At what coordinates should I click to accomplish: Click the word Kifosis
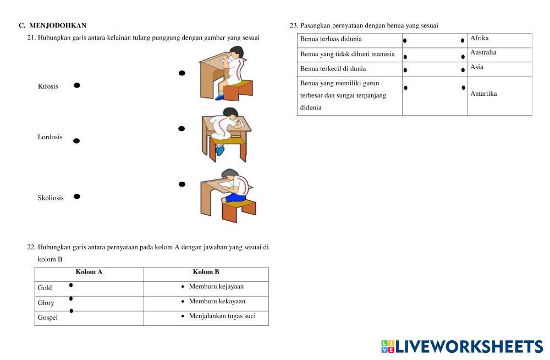pos(48,86)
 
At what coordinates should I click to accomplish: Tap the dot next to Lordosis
pos(76,141)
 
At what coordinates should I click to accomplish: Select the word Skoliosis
pos(51,198)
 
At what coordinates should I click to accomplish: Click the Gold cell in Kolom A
pos(45,288)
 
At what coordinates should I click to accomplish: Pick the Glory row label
pos(46,303)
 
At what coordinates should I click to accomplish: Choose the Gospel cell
pos(48,318)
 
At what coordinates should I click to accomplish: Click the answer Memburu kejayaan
pos(216,287)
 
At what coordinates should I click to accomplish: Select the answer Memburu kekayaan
pos(217,302)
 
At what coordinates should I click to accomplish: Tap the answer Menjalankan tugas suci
pos(222,316)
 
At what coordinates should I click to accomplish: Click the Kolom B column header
pos(206,272)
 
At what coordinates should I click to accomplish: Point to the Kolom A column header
pos(89,272)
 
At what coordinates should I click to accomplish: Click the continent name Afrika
pos(480,39)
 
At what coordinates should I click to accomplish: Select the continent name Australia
pos(483,53)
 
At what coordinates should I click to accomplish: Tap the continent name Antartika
pos(484,94)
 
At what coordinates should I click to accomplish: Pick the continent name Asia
pos(477,67)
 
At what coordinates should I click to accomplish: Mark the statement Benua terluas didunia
pos(331,40)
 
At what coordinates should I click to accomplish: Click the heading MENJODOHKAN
pos(58,25)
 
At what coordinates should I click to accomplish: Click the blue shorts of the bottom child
pos(236,197)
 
